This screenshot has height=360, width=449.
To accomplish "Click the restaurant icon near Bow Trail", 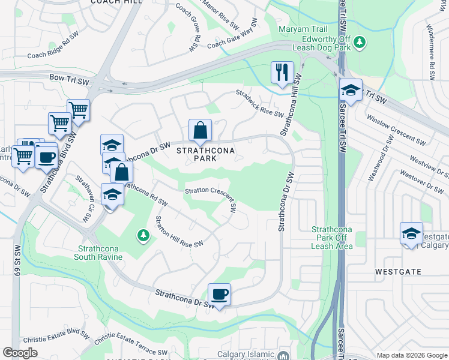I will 282,73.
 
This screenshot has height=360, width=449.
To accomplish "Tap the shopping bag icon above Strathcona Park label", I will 200,130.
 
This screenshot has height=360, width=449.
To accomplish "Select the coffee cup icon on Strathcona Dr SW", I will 219,294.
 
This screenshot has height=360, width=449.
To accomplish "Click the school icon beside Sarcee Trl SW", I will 351,91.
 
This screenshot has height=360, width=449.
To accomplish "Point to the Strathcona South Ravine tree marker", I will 143,234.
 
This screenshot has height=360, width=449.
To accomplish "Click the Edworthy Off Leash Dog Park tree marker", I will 360,42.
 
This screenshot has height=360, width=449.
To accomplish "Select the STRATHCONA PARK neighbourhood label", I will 205,154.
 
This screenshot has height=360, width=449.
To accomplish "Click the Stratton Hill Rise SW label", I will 179,231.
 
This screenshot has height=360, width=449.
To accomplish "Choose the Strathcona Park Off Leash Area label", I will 332,238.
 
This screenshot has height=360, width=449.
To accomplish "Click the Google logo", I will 20,353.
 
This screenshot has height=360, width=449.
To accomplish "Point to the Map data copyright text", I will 411,355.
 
